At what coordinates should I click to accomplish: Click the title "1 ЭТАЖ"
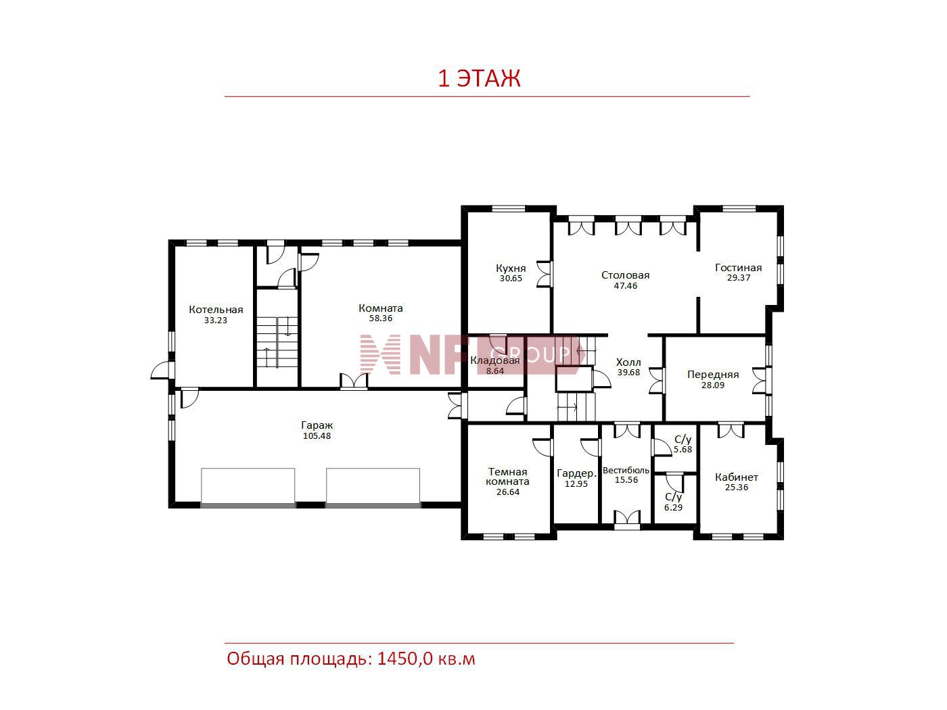pos(479,78)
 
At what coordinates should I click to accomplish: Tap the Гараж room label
pos(317,425)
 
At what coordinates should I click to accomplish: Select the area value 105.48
pos(317,436)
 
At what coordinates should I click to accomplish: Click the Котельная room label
pos(216,310)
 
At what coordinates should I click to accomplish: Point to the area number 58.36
pos(381,318)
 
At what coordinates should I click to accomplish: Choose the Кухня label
pos(511,268)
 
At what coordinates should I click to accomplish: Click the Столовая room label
pos(625,275)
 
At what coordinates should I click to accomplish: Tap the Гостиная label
pos(738,268)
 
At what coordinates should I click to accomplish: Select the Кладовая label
pos(495,360)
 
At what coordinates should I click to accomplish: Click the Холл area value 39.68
pos(628,373)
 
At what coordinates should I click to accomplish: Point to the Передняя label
pos(713,375)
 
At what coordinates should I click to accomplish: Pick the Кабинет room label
pos(737,477)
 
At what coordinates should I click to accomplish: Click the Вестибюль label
pos(626,471)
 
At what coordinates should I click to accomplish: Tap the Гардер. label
pos(576,474)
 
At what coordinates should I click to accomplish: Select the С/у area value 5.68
pos(683,450)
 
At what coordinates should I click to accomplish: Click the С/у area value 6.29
pos(673,508)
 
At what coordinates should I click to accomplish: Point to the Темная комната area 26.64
pos(508,492)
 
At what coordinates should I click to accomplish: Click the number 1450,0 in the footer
pos(405,659)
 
